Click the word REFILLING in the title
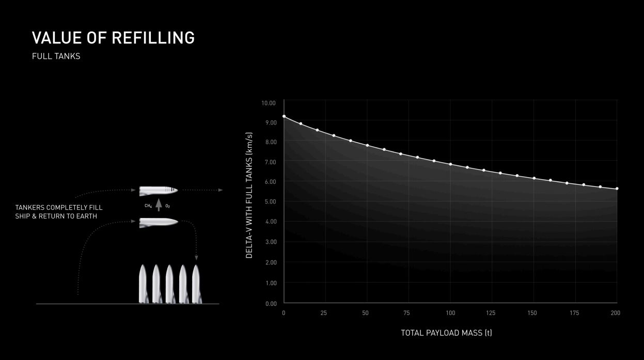click(x=153, y=38)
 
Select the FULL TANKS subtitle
click(x=56, y=56)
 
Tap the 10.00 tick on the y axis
click(x=268, y=103)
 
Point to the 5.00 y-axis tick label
click(x=270, y=201)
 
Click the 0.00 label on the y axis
click(x=271, y=304)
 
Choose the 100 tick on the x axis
click(x=450, y=313)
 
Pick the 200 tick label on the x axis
click(x=616, y=313)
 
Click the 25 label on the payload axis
click(x=324, y=313)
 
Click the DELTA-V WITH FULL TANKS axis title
click(x=249, y=195)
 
